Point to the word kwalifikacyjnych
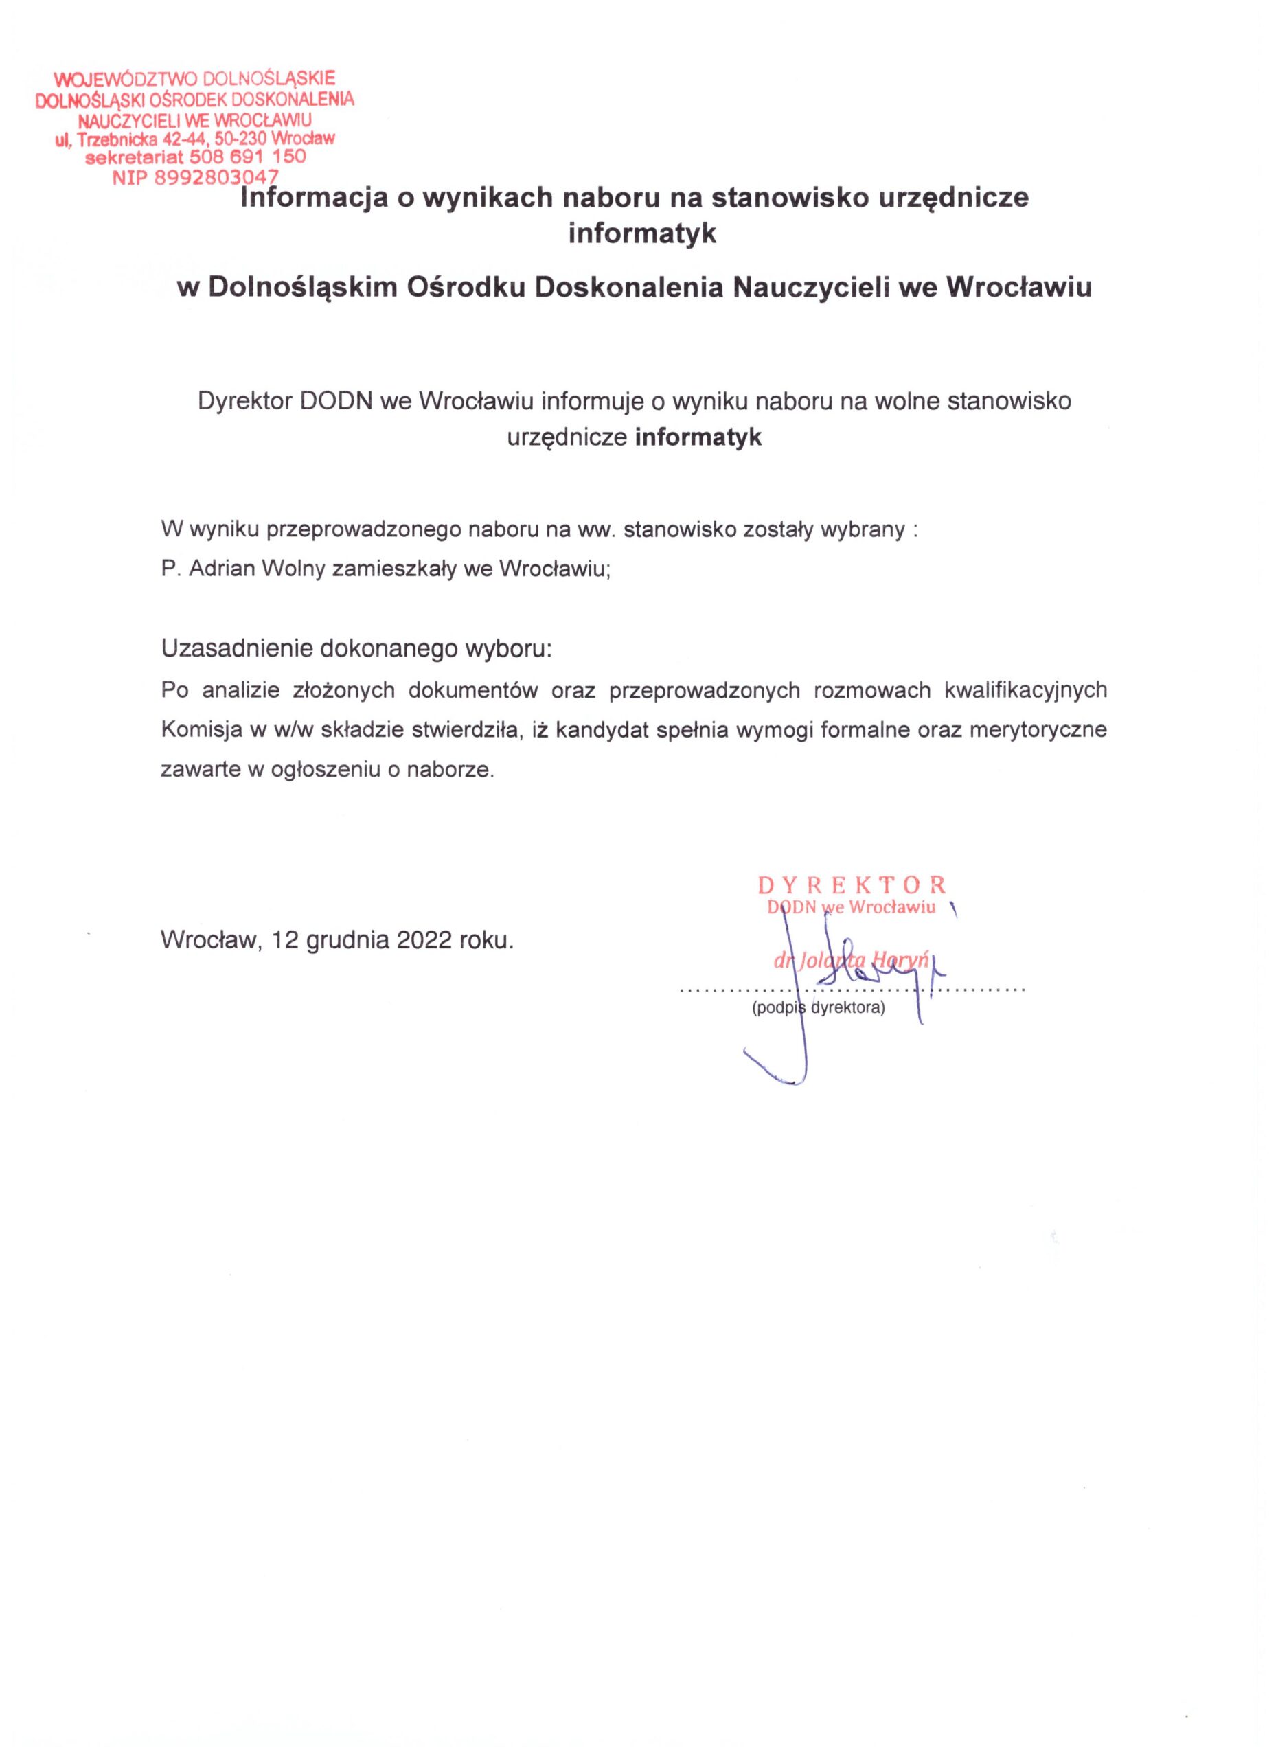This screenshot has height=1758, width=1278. click(1025, 691)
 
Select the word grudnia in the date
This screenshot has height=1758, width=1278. click(346, 941)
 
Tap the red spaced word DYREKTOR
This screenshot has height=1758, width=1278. click(851, 884)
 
